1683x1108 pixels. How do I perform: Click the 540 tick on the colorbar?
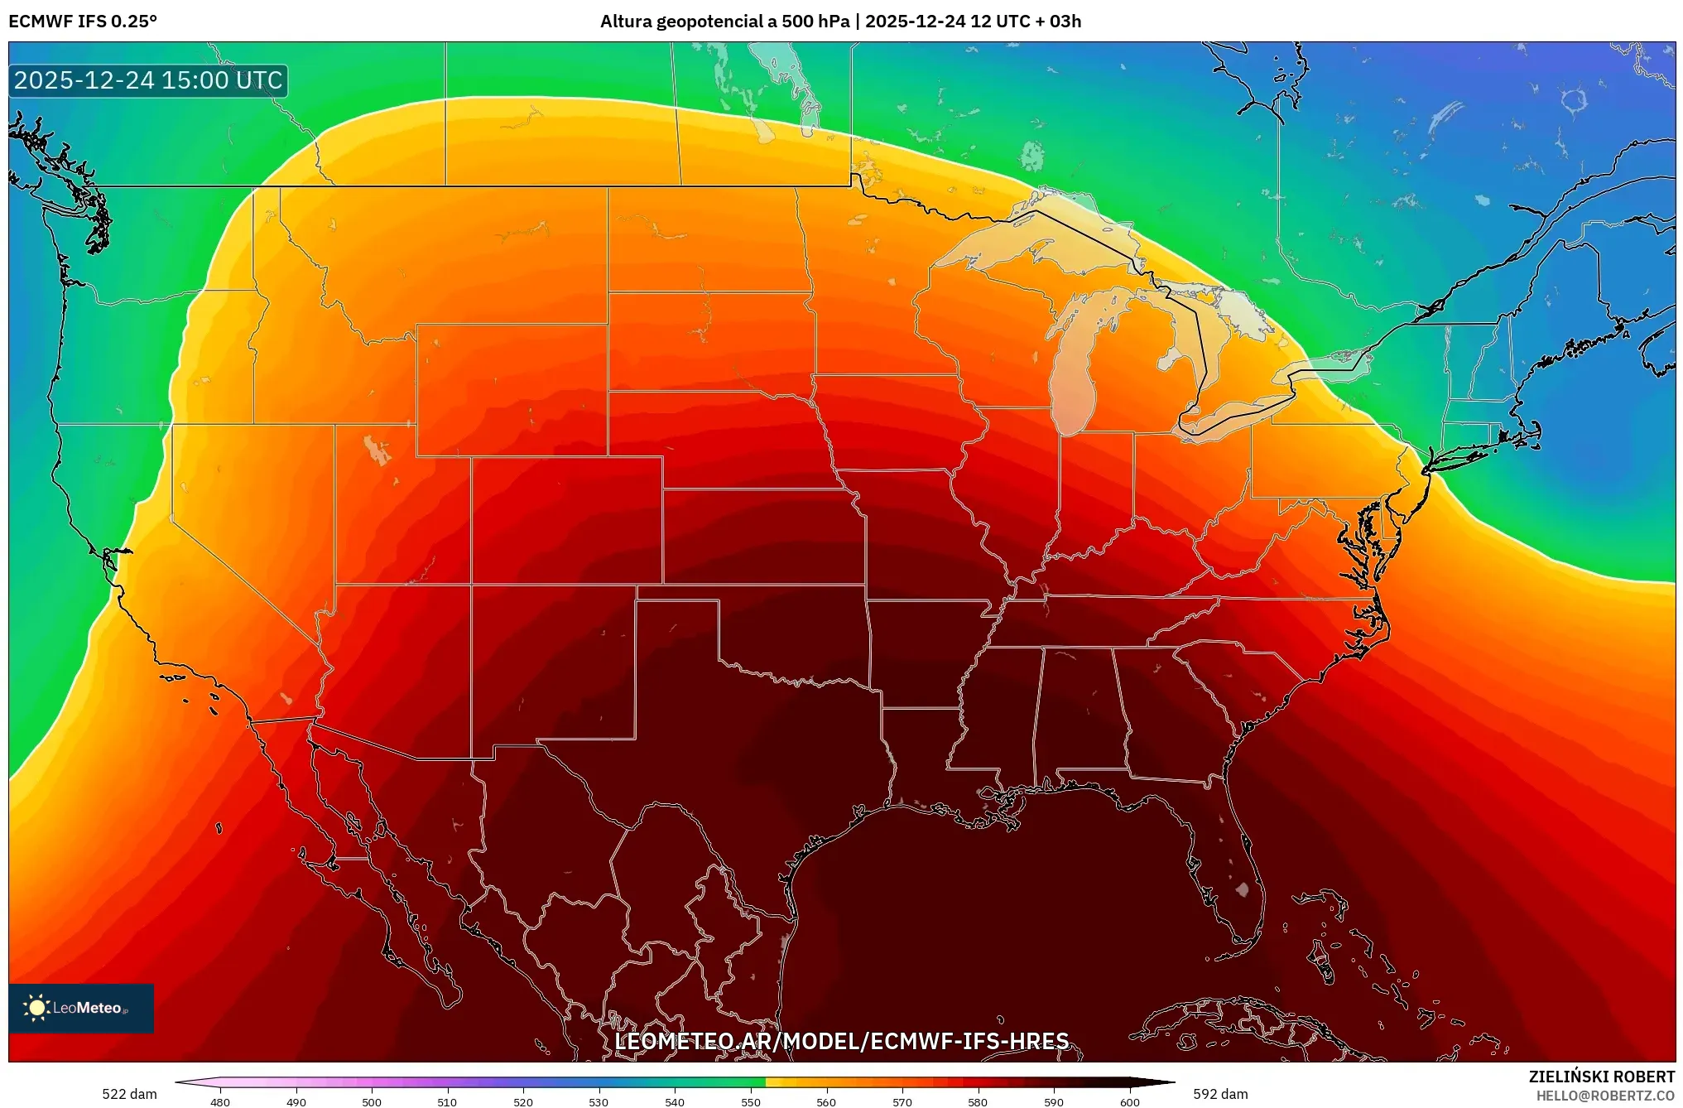pos(674,1101)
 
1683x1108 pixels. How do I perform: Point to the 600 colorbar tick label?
pos(1129,1101)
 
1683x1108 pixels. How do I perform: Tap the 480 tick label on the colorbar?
pos(219,1101)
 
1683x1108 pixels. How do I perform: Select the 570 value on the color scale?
pos(902,1101)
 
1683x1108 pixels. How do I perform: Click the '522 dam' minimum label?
pos(129,1094)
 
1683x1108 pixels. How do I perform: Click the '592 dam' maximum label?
pos(1220,1094)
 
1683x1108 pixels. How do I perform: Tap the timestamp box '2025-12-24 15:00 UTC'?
pos(148,80)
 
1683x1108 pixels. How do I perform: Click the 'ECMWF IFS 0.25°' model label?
pos(83,22)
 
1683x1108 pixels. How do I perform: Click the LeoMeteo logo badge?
pos(81,1008)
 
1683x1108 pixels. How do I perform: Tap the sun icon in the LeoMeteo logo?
pos(36,1007)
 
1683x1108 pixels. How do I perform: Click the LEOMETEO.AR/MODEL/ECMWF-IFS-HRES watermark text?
pos(841,1041)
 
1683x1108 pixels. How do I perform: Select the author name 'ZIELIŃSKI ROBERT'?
pos(1601,1077)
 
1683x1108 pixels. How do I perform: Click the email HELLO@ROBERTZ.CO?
pos(1605,1096)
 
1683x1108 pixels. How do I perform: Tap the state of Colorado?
pos(567,520)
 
